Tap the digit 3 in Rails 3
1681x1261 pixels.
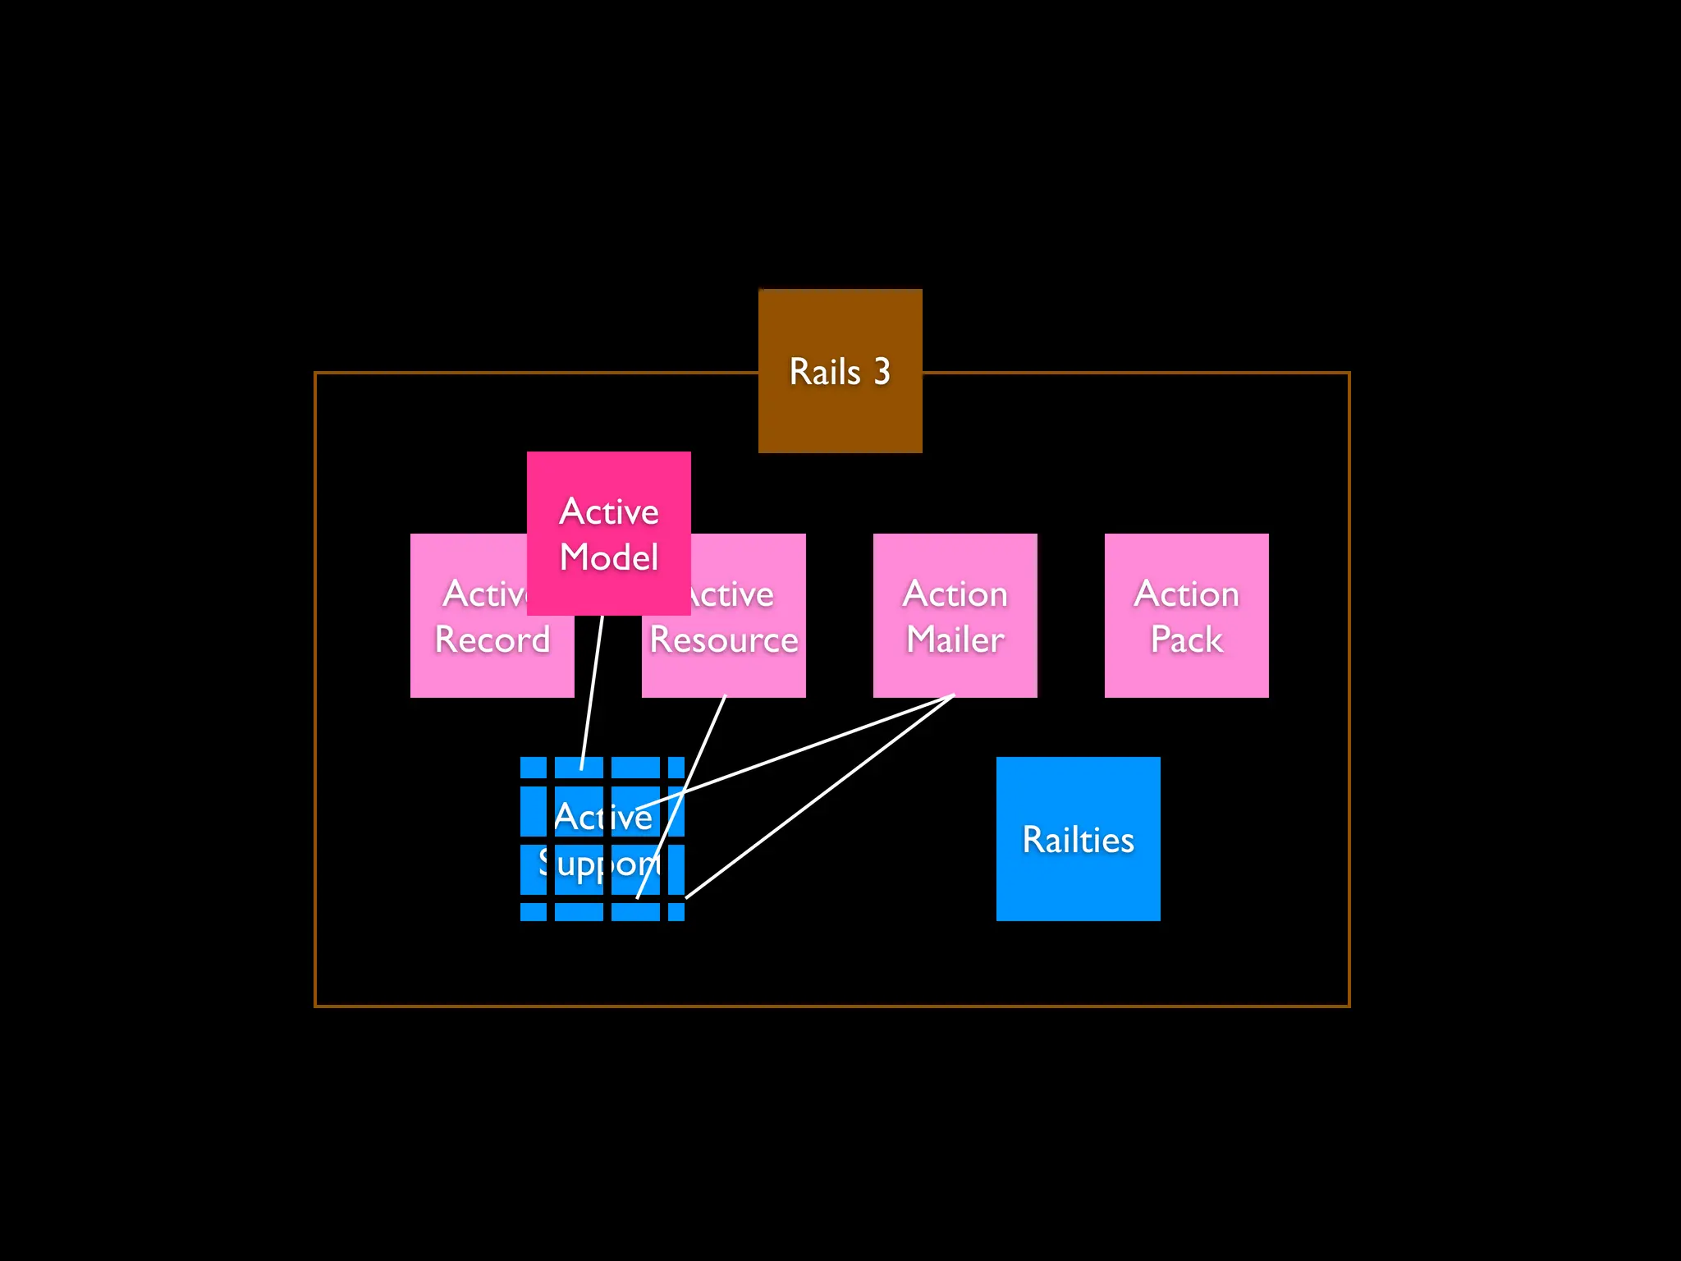pyautogui.click(x=882, y=372)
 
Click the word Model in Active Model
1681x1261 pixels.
pyautogui.click(x=608, y=557)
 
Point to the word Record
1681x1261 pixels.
pyautogui.click(x=492, y=640)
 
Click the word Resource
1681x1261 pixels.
pyautogui.click(x=724, y=640)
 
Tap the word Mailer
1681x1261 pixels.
pyautogui.click(x=955, y=640)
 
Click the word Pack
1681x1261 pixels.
pyautogui.click(x=1186, y=640)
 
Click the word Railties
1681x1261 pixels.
pyautogui.click(x=1078, y=840)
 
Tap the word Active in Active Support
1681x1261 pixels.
pyautogui.click(x=602, y=816)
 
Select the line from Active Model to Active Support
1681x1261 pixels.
pyautogui.click(x=592, y=690)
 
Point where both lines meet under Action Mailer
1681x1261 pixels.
pyautogui.click(x=953, y=696)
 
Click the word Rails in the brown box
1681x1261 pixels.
pyautogui.click(x=824, y=372)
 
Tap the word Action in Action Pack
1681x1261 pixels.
pyautogui.click(x=1186, y=594)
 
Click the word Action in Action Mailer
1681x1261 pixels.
pyautogui.click(x=955, y=594)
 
